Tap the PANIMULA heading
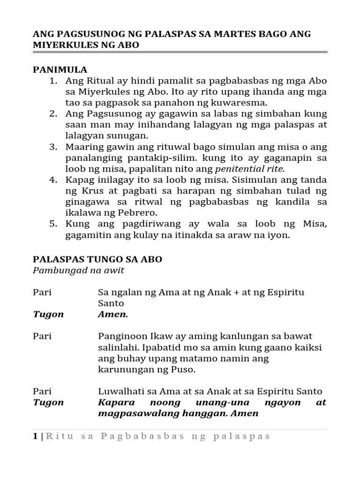[60, 69]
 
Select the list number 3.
[53, 147]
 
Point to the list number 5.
[53, 224]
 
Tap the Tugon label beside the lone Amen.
[48, 314]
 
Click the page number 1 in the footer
[35, 436]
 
